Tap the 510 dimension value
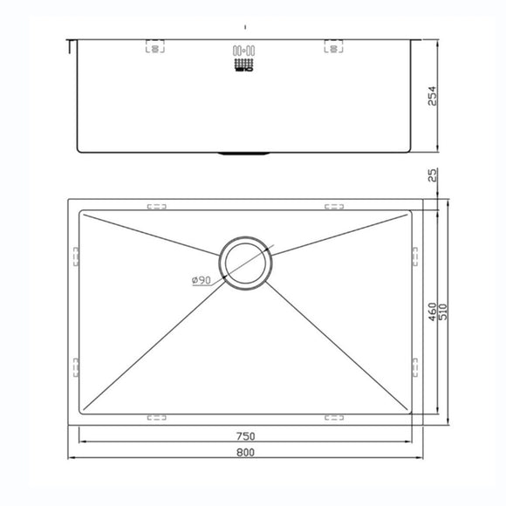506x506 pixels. click(443, 312)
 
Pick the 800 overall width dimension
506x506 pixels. click(247, 454)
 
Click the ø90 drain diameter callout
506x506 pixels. click(202, 280)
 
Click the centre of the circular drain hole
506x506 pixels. click(247, 262)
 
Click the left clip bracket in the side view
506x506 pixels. click(154, 47)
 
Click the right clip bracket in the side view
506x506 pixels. click(335, 47)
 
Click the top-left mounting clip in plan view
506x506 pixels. click(156, 208)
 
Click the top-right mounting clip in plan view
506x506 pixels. click(335, 208)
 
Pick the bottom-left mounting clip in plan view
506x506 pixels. click(156, 416)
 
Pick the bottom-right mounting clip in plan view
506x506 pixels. click(335, 416)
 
